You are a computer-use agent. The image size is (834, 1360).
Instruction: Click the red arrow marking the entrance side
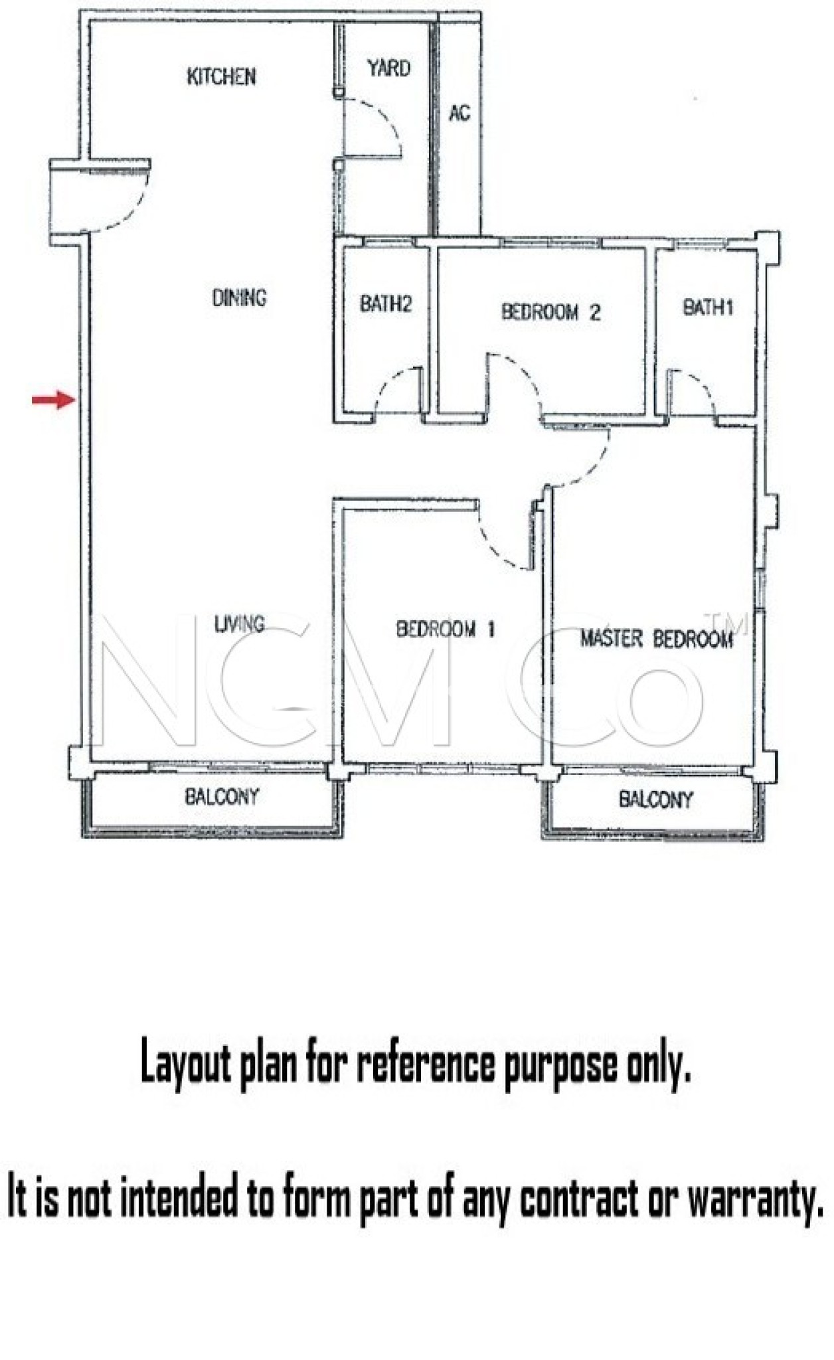click(54, 400)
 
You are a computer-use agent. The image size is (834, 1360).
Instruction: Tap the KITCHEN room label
click(221, 76)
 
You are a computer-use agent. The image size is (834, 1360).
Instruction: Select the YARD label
click(388, 68)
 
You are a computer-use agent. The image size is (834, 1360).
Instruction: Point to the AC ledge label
click(459, 114)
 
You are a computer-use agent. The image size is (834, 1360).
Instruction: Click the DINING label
click(239, 297)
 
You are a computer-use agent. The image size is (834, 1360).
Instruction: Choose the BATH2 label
click(386, 304)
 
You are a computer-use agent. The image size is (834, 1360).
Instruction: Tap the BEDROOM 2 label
click(550, 311)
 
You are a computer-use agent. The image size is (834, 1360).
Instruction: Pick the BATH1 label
click(708, 307)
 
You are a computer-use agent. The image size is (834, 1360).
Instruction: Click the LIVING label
click(239, 624)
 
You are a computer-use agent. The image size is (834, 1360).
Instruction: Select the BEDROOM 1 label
click(445, 629)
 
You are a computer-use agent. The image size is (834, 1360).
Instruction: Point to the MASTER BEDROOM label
click(657, 639)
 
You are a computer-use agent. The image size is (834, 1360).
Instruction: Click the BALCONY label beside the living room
click(222, 796)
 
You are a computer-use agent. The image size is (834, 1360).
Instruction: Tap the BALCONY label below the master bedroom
click(655, 799)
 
